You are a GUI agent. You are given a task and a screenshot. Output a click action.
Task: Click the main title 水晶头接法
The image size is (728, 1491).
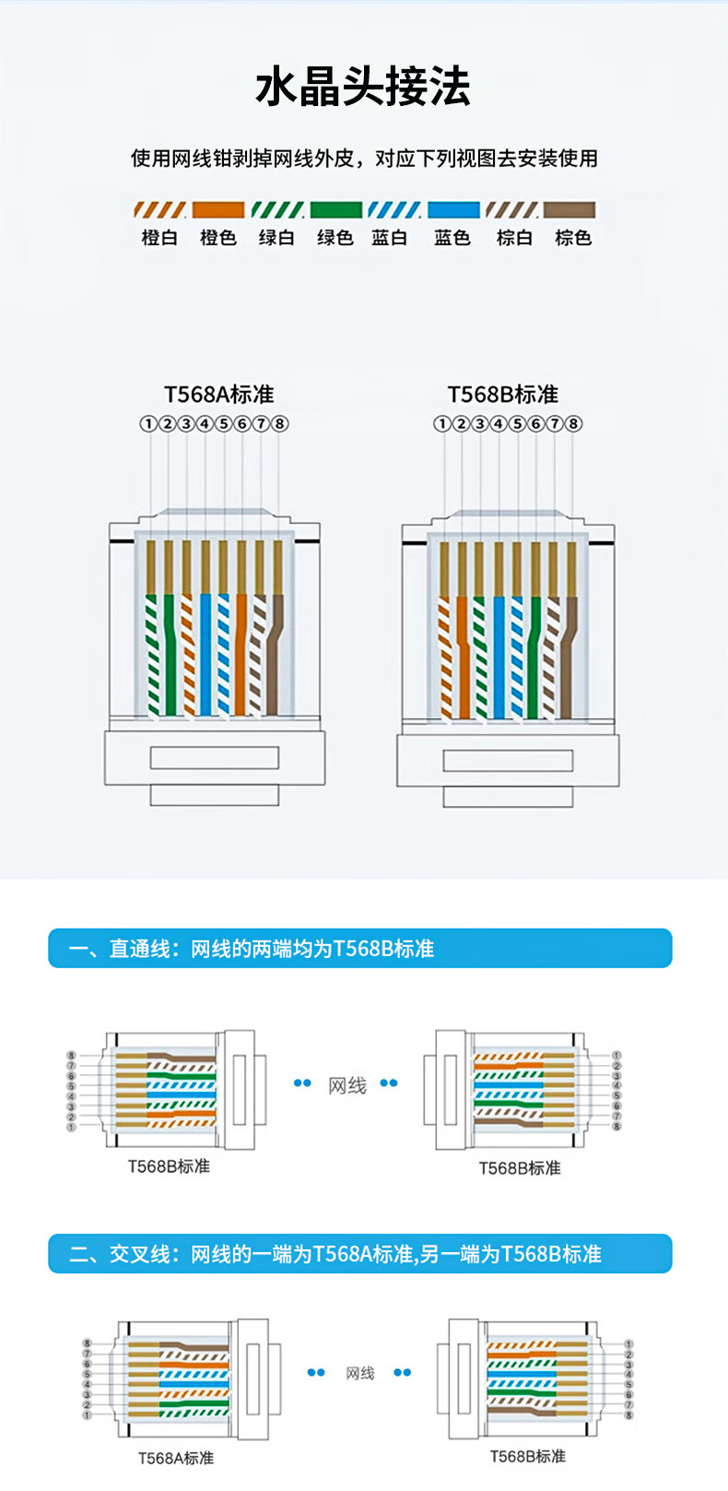click(x=363, y=87)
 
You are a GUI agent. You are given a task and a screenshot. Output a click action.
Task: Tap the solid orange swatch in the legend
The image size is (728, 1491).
click(x=218, y=210)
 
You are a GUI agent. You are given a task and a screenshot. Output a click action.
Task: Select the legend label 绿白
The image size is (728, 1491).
click(x=276, y=238)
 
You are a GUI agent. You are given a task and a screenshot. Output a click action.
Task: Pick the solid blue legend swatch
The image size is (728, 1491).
click(x=453, y=210)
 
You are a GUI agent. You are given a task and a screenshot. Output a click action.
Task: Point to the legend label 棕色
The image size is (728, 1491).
click(x=573, y=238)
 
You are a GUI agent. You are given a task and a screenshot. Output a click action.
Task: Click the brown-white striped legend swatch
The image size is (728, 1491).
click(x=511, y=210)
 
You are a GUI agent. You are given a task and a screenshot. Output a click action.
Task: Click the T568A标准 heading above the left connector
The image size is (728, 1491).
click(x=219, y=394)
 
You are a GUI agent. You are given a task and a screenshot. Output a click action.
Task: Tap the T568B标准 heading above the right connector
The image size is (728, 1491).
click(x=502, y=394)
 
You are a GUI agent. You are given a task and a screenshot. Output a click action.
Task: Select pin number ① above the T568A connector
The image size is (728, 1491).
click(x=147, y=423)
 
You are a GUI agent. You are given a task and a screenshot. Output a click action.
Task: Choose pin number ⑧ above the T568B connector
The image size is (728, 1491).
click(x=573, y=423)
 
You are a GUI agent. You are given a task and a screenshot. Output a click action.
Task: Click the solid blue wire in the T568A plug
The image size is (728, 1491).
click(x=205, y=655)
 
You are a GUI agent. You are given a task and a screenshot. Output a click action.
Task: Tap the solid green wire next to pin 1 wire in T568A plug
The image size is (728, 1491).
click(x=170, y=655)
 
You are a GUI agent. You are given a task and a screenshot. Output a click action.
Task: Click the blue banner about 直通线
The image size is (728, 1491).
click(x=360, y=948)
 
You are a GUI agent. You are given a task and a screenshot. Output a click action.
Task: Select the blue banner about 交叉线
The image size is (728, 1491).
click(x=360, y=1253)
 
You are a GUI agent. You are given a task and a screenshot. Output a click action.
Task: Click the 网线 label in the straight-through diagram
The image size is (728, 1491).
click(x=347, y=1085)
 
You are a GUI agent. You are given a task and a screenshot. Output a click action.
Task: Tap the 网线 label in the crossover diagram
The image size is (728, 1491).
click(x=360, y=1373)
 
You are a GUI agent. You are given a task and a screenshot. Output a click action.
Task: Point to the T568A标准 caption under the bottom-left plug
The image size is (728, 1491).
click(x=176, y=1458)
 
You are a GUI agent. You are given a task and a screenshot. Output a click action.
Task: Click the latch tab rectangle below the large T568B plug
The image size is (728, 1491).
click(x=508, y=760)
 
